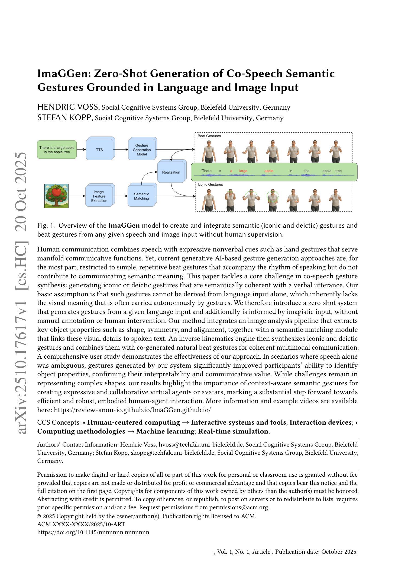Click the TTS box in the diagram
click(x=99, y=150)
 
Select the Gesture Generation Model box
click(x=142, y=150)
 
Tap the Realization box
click(x=171, y=172)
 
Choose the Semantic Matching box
click(x=141, y=196)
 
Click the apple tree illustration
click(x=56, y=196)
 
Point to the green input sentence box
click(x=57, y=150)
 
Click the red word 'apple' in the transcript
click(x=269, y=171)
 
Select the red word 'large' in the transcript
click(x=243, y=171)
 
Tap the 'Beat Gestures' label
click(x=209, y=136)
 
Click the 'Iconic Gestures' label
click(x=210, y=184)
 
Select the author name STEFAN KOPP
click(x=64, y=118)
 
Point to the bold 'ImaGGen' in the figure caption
click(x=124, y=225)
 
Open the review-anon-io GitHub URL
click(x=132, y=410)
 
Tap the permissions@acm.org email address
click(x=239, y=507)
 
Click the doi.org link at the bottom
click(x=93, y=532)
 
